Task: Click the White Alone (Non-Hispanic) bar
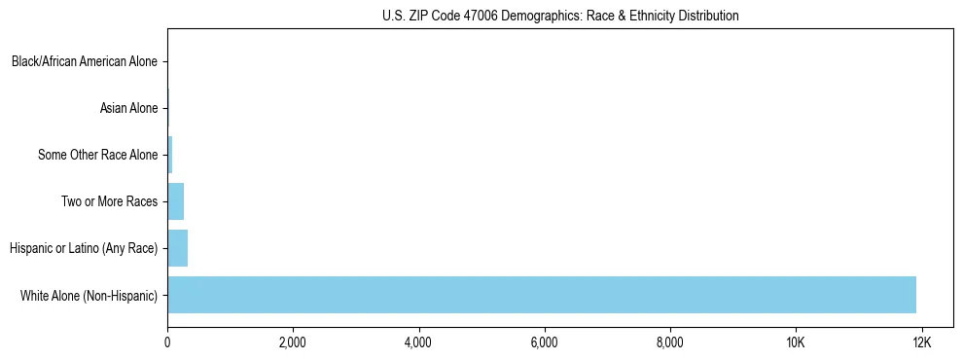(542, 295)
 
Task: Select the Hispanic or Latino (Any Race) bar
(178, 248)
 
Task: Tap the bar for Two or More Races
(176, 201)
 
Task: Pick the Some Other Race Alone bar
(170, 155)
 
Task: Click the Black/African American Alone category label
(85, 61)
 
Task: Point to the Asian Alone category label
(128, 108)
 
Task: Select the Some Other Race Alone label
(97, 155)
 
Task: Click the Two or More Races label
(109, 201)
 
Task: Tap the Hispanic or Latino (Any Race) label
(84, 248)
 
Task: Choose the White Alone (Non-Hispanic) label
(89, 295)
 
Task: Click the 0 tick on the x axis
(167, 342)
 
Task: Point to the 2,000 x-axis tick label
(293, 342)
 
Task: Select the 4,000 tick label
(418, 342)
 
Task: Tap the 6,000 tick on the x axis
(544, 342)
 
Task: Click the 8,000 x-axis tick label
(669, 342)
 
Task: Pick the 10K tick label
(796, 342)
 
